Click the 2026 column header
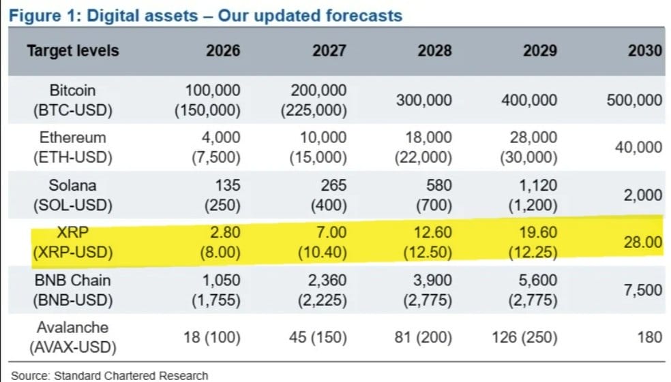(x=223, y=50)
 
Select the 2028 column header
(x=434, y=50)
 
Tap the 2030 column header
(x=645, y=50)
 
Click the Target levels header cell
(x=72, y=50)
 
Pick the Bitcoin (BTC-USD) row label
(x=72, y=99)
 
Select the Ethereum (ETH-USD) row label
(x=72, y=147)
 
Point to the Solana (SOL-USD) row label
(x=72, y=195)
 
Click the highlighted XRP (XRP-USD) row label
(x=72, y=242)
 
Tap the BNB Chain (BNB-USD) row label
(x=72, y=290)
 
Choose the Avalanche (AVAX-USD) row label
(x=72, y=337)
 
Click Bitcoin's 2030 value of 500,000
(x=634, y=100)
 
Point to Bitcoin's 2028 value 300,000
(x=423, y=100)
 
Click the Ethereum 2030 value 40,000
(x=638, y=148)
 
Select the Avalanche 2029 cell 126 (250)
(x=526, y=337)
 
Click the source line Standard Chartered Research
(x=109, y=375)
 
